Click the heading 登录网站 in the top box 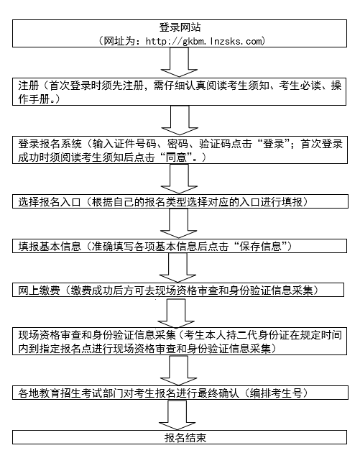pyautogui.click(x=180, y=27)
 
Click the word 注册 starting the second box pyautogui.click(x=29, y=86)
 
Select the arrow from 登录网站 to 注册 pyautogui.click(x=179, y=62)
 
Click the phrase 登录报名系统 pyautogui.click(x=50, y=144)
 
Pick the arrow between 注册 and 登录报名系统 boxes pyautogui.click(x=180, y=120)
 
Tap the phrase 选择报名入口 pyautogui.click(x=50, y=201)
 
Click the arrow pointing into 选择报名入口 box pyautogui.click(x=179, y=178)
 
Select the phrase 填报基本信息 pyautogui.click(x=50, y=246)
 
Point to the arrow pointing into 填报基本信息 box pyautogui.click(x=179, y=223)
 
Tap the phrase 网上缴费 pyautogui.click(x=40, y=290)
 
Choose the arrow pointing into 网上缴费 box pyautogui.click(x=177, y=267)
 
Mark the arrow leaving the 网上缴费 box pyautogui.click(x=176, y=313)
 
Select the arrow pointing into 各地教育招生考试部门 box pyautogui.click(x=179, y=370)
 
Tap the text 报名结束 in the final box pyautogui.click(x=185, y=438)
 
